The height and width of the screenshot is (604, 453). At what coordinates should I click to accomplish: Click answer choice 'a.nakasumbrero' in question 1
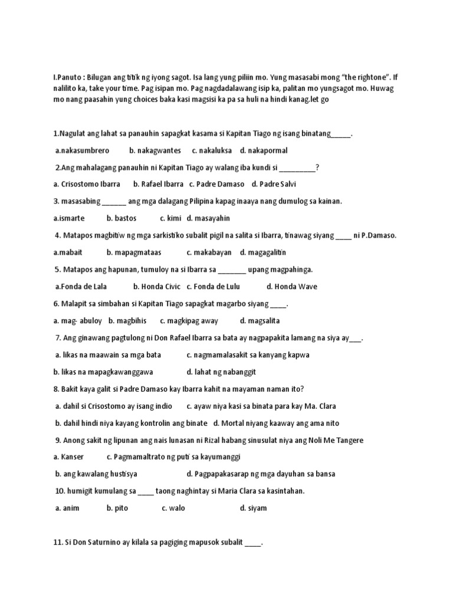82,150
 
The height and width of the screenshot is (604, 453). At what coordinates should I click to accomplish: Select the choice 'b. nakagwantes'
155,150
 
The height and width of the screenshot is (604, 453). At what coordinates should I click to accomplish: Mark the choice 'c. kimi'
170,218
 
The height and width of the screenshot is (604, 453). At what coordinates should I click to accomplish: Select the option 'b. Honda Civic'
157,287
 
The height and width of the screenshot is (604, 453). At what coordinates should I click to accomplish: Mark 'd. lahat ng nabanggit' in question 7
221,372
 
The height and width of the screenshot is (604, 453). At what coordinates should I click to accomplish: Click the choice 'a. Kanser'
68,457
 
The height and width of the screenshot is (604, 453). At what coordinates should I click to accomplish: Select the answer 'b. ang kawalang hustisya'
96,474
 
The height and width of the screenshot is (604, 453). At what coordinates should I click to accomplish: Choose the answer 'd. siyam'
253,508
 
